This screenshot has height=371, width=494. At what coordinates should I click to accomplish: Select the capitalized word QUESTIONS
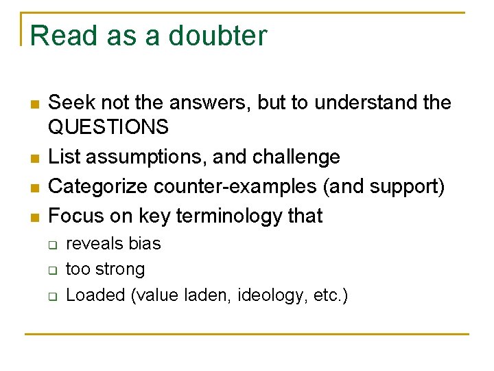(108, 127)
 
